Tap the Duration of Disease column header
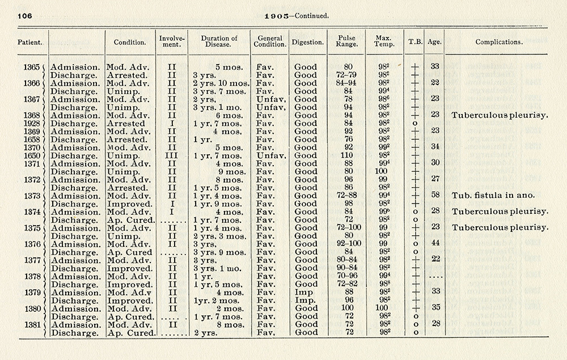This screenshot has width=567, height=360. pos(219,42)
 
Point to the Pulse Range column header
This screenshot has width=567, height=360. pos(346,42)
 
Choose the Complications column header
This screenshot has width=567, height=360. pos(499,42)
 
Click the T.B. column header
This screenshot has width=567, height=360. pos(414,42)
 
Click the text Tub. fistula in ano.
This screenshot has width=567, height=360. pos(493,196)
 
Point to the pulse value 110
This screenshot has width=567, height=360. pos(346,155)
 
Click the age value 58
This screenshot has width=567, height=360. pos(435,196)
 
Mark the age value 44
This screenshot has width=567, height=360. pos(435,244)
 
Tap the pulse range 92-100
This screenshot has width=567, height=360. pos(346,244)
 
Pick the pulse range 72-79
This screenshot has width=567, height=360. pos(346,75)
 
